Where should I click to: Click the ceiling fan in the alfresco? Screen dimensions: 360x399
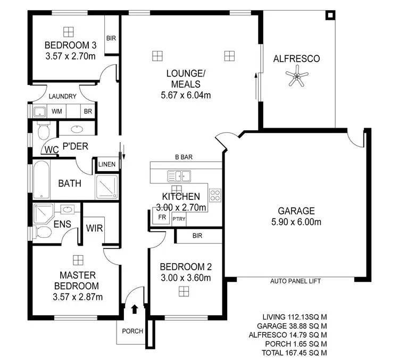coord(296,78)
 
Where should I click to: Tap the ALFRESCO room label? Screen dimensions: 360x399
coord(296,59)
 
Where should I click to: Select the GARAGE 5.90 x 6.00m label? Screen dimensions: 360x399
coord(295,216)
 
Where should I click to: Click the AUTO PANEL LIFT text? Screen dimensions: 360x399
coord(295,281)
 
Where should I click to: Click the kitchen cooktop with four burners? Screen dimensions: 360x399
coord(215,195)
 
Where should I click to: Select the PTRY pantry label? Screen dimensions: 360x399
coord(179,218)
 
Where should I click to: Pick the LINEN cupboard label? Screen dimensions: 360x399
coord(106,164)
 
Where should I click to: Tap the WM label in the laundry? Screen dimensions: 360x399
coord(56,112)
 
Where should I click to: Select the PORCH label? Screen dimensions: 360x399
coord(132,331)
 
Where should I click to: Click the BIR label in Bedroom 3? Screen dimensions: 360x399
coord(111,38)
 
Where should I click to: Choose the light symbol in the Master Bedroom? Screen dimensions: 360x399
coord(78,259)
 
